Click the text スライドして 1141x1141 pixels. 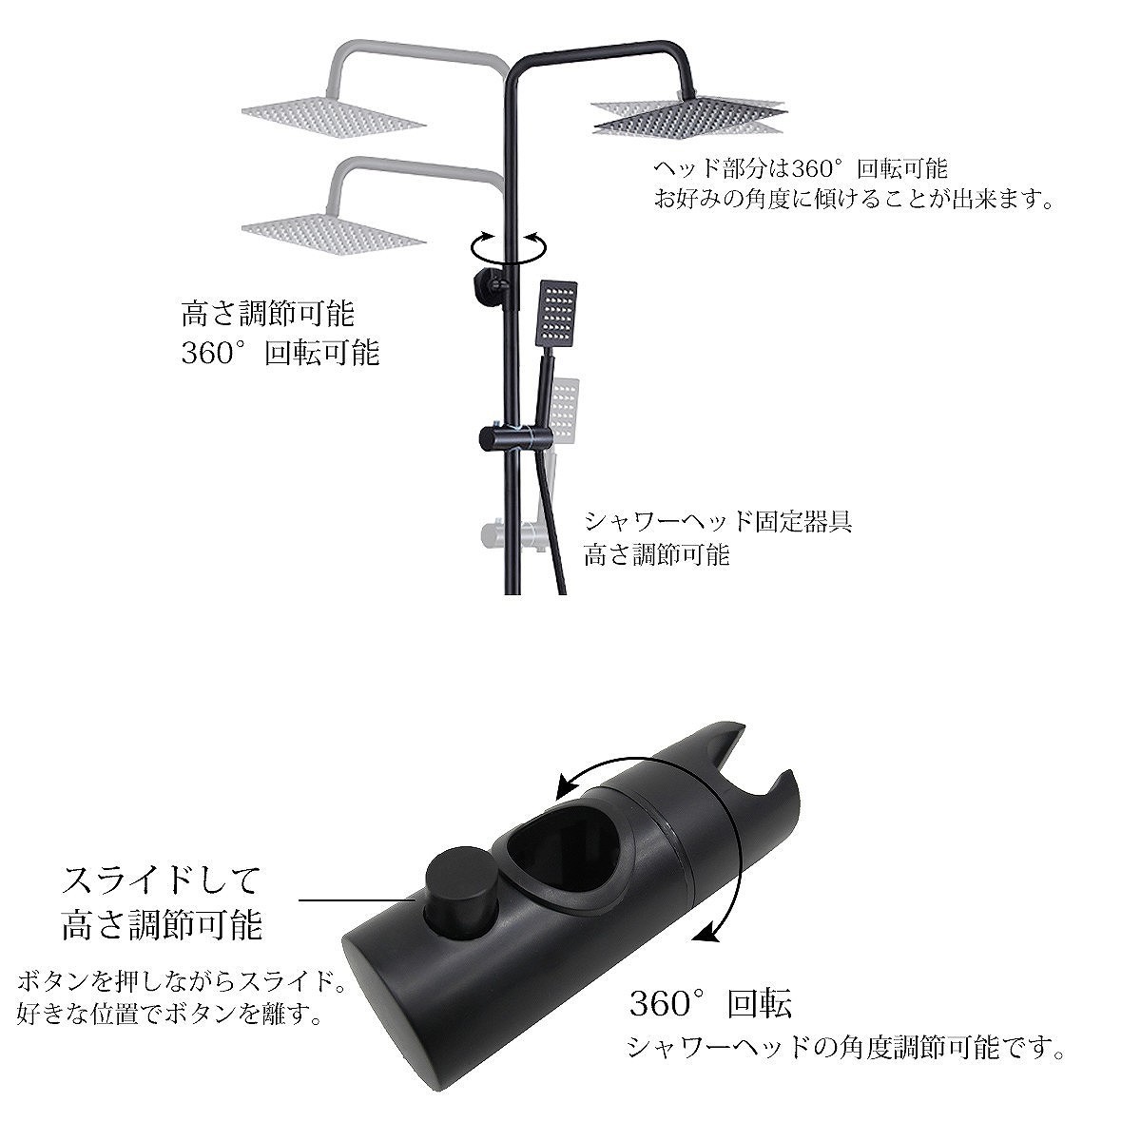click(160, 880)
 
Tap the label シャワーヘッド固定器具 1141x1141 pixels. click(717, 521)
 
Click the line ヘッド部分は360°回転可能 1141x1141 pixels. click(800, 169)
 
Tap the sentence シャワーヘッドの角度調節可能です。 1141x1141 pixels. click(844, 1049)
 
